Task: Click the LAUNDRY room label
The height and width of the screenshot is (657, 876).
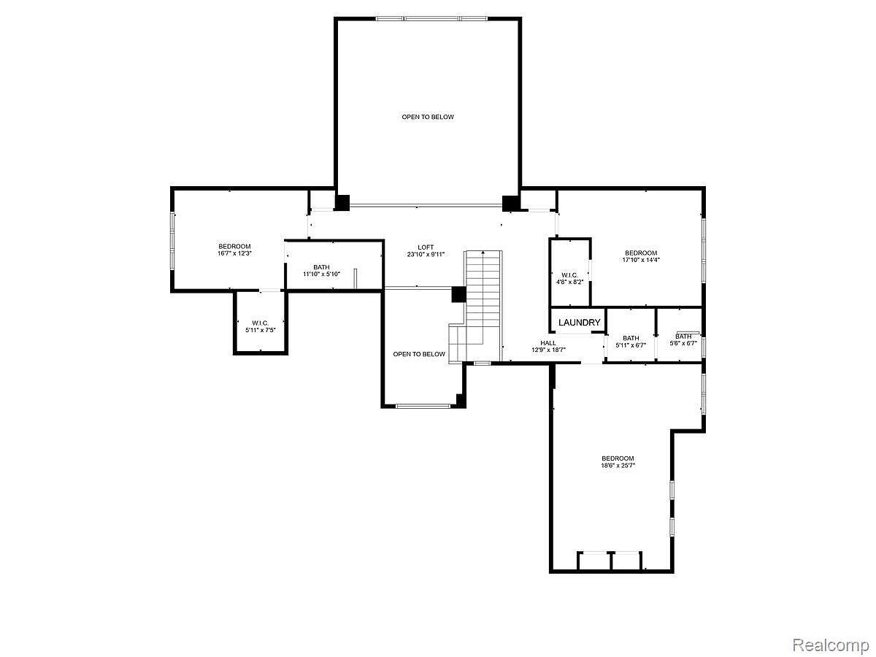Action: point(580,323)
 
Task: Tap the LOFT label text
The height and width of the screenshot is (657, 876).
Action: point(426,247)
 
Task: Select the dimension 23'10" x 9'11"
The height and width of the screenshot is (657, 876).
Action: point(426,255)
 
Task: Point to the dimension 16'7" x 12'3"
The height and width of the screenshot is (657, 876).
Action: point(234,253)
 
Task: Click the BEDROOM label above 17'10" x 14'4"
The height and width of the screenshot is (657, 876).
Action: point(640,253)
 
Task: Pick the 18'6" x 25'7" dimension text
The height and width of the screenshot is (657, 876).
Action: point(618,465)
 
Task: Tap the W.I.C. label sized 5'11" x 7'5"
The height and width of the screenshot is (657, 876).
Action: point(260,323)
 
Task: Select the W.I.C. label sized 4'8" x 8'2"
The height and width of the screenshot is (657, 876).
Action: point(570,275)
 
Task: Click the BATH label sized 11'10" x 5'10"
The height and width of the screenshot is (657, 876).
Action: point(321,267)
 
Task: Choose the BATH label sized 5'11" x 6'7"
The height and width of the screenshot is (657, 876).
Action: point(631,337)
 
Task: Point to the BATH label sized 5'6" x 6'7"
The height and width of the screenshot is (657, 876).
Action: point(683,337)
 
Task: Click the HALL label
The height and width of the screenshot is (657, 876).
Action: point(548,343)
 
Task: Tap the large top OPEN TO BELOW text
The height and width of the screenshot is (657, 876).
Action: point(428,117)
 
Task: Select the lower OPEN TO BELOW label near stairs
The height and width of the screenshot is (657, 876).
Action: point(419,354)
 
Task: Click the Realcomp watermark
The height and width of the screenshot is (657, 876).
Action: point(831,645)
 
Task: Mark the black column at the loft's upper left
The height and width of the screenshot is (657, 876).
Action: point(342,202)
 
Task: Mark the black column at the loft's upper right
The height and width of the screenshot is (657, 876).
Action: point(510,202)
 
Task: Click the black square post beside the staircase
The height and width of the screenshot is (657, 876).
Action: point(458,294)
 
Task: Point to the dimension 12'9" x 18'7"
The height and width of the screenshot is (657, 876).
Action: point(548,350)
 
